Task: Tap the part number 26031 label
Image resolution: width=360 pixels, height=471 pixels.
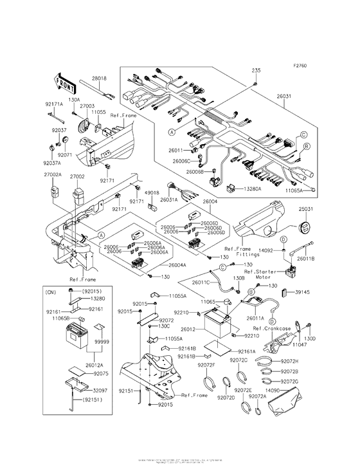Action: (x=285, y=97)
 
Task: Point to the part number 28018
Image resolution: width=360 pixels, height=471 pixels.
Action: (x=99, y=78)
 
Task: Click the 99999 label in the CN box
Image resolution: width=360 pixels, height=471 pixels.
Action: (x=102, y=343)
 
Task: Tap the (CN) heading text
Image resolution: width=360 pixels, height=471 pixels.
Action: (x=51, y=291)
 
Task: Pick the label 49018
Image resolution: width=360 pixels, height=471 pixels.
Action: (x=152, y=192)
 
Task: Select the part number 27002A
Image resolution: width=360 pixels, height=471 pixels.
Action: (x=53, y=174)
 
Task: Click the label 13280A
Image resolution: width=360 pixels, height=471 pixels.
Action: (x=253, y=190)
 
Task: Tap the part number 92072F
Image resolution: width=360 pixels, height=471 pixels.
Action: (x=206, y=365)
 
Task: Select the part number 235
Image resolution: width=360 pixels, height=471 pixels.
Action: (x=255, y=70)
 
